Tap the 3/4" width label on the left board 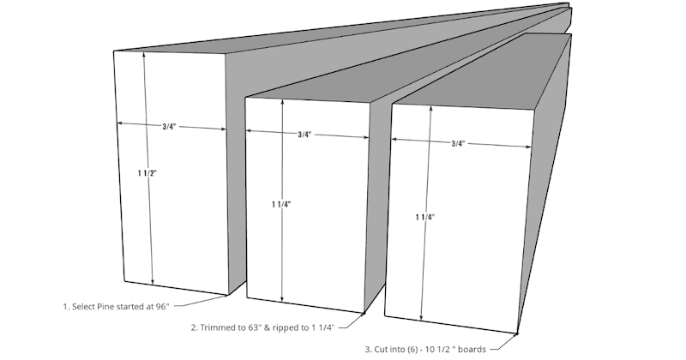coord(169,127)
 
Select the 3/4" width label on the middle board coord(304,135)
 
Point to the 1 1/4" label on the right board coord(424,218)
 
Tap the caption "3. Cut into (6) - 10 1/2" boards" coord(425,349)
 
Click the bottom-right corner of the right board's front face coord(519,333)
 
